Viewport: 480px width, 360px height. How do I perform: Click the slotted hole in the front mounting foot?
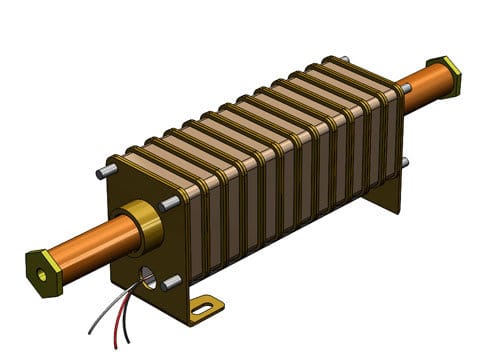click(203, 308)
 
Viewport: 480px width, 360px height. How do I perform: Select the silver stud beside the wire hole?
click(171, 283)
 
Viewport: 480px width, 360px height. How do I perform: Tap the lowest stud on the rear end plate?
click(404, 162)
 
